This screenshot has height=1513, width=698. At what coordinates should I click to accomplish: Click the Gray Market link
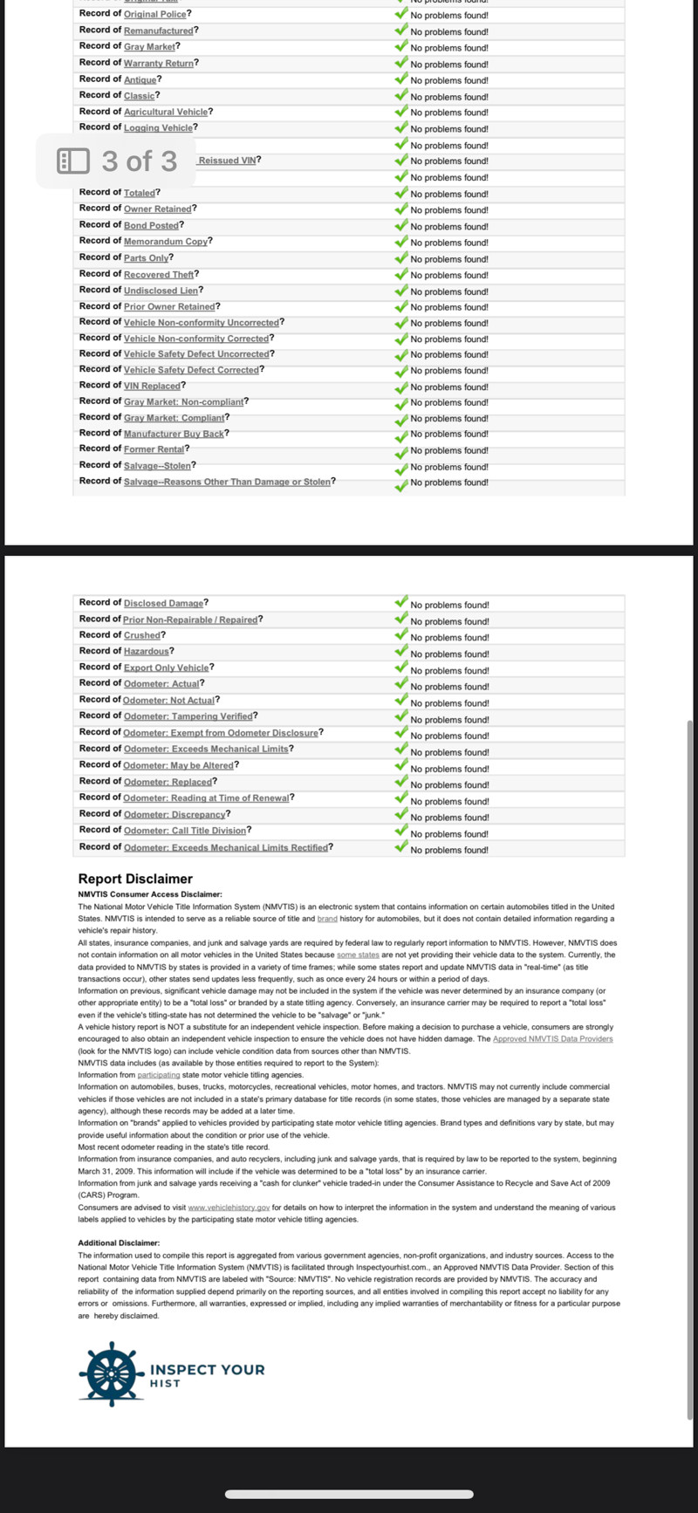(x=149, y=47)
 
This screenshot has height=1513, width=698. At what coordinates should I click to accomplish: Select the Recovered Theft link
(x=159, y=275)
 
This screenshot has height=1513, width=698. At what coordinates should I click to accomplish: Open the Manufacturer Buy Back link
(x=174, y=434)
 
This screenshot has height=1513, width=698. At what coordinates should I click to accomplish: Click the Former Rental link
(x=154, y=449)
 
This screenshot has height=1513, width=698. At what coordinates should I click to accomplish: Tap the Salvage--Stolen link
(x=157, y=466)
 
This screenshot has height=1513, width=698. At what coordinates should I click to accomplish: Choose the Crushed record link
(x=142, y=635)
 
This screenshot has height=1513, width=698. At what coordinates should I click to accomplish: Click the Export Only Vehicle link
(x=166, y=667)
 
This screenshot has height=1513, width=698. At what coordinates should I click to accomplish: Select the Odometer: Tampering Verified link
(x=188, y=716)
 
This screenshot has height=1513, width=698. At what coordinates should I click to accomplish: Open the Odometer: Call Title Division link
(x=184, y=831)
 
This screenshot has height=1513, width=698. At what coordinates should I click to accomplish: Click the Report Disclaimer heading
(x=135, y=879)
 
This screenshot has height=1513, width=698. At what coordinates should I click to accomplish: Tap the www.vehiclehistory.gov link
(x=228, y=1208)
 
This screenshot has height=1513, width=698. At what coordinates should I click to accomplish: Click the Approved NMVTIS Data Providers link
(x=552, y=1039)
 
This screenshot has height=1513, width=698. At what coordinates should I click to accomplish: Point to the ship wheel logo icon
(x=111, y=1374)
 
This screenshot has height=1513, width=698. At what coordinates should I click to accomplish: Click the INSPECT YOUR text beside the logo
(x=207, y=1370)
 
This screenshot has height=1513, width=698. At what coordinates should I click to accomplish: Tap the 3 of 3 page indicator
(x=118, y=161)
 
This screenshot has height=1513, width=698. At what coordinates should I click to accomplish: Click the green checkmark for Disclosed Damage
(x=401, y=603)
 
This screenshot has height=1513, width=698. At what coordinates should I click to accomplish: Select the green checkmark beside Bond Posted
(x=401, y=225)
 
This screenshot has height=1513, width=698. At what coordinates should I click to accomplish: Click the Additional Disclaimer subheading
(x=119, y=1243)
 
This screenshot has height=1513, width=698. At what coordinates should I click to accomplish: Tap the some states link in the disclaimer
(x=358, y=955)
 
